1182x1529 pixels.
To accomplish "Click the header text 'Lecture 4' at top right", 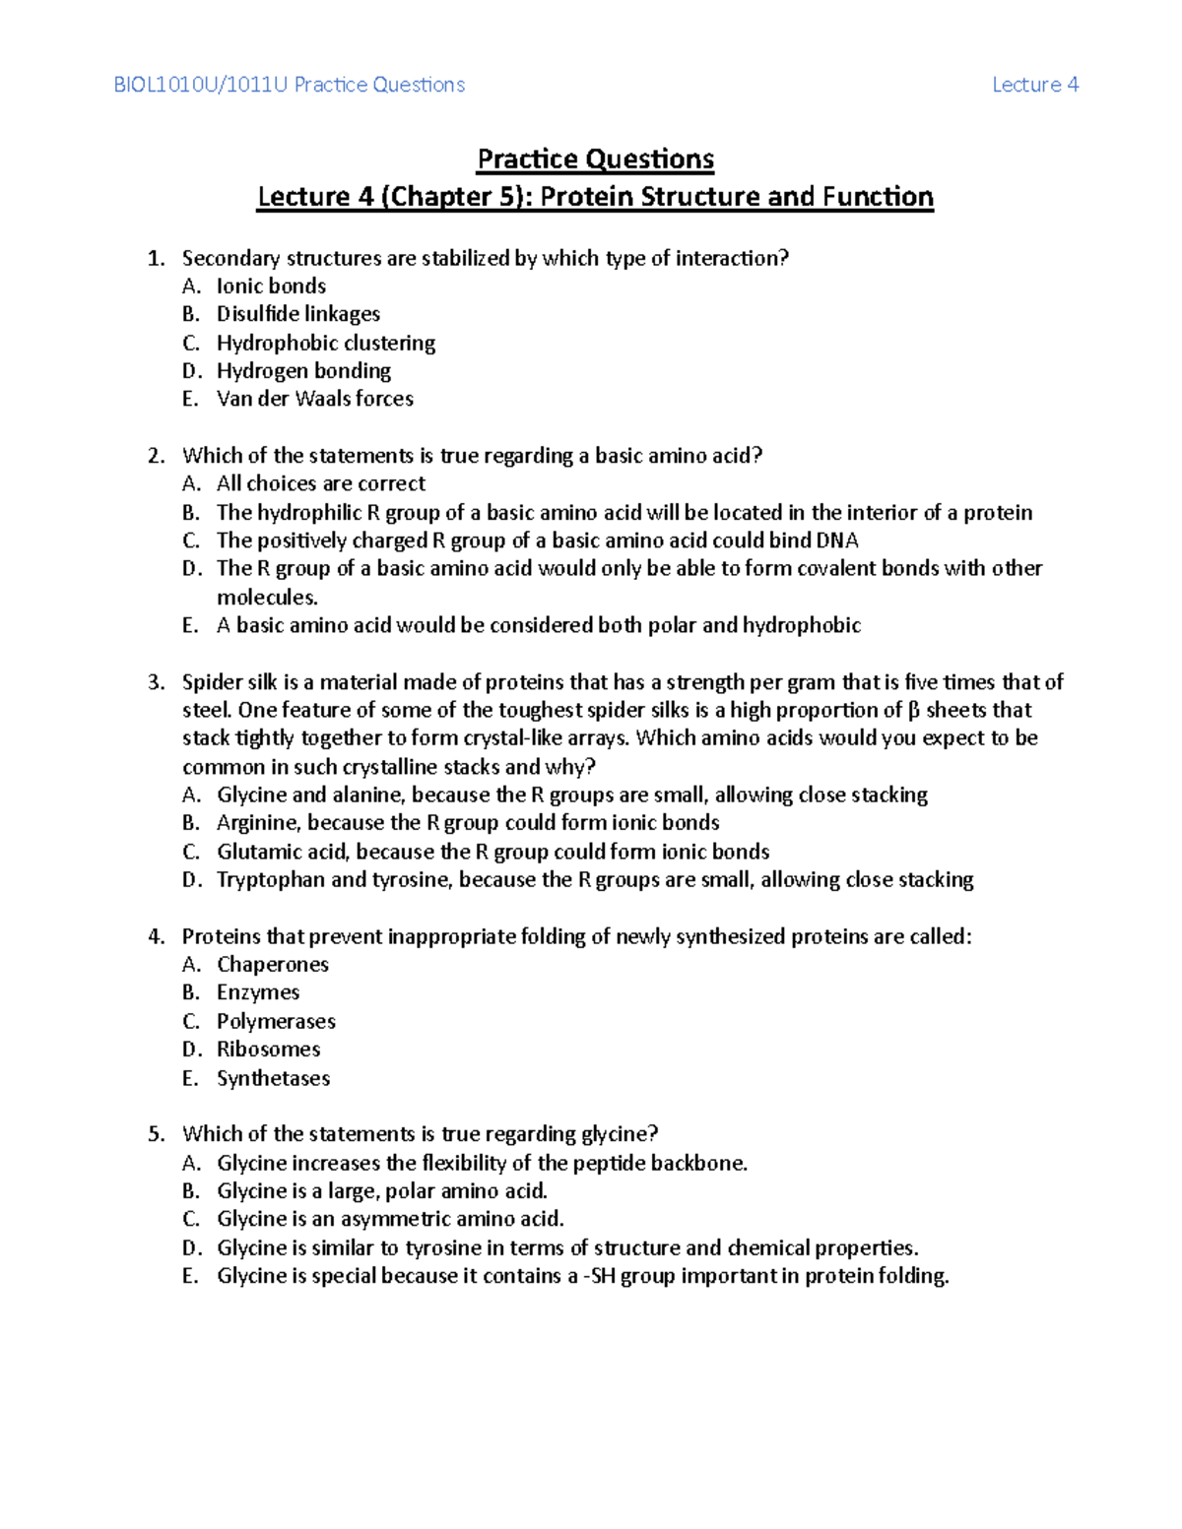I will pos(1034,85).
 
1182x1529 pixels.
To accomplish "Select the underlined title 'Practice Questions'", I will pos(595,159).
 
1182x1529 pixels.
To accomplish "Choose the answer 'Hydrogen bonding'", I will pos(303,371).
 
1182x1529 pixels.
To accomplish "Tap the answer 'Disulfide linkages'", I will pos(297,314).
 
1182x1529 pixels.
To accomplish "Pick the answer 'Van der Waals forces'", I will pos(314,399).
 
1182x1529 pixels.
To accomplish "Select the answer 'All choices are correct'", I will pos(321,483).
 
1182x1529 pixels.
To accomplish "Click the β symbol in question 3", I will pos(913,711).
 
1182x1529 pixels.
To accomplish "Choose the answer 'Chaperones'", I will pos(272,965).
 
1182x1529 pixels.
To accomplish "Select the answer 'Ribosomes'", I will pos(268,1050).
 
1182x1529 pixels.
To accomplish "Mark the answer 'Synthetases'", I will pos(273,1078).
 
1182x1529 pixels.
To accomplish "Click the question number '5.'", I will pos(157,1134).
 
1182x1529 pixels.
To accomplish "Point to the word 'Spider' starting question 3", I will pos(210,682).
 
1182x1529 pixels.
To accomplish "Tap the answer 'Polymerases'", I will pos(276,1021).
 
